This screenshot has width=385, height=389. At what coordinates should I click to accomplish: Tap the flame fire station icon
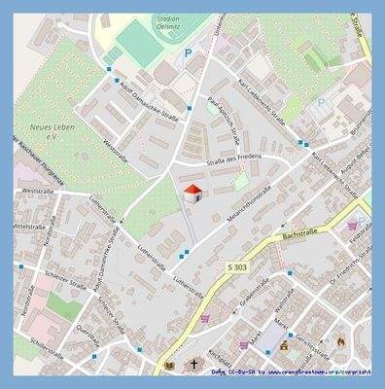pos(340,342)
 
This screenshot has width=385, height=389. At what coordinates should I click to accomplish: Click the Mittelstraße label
pos(27,226)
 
